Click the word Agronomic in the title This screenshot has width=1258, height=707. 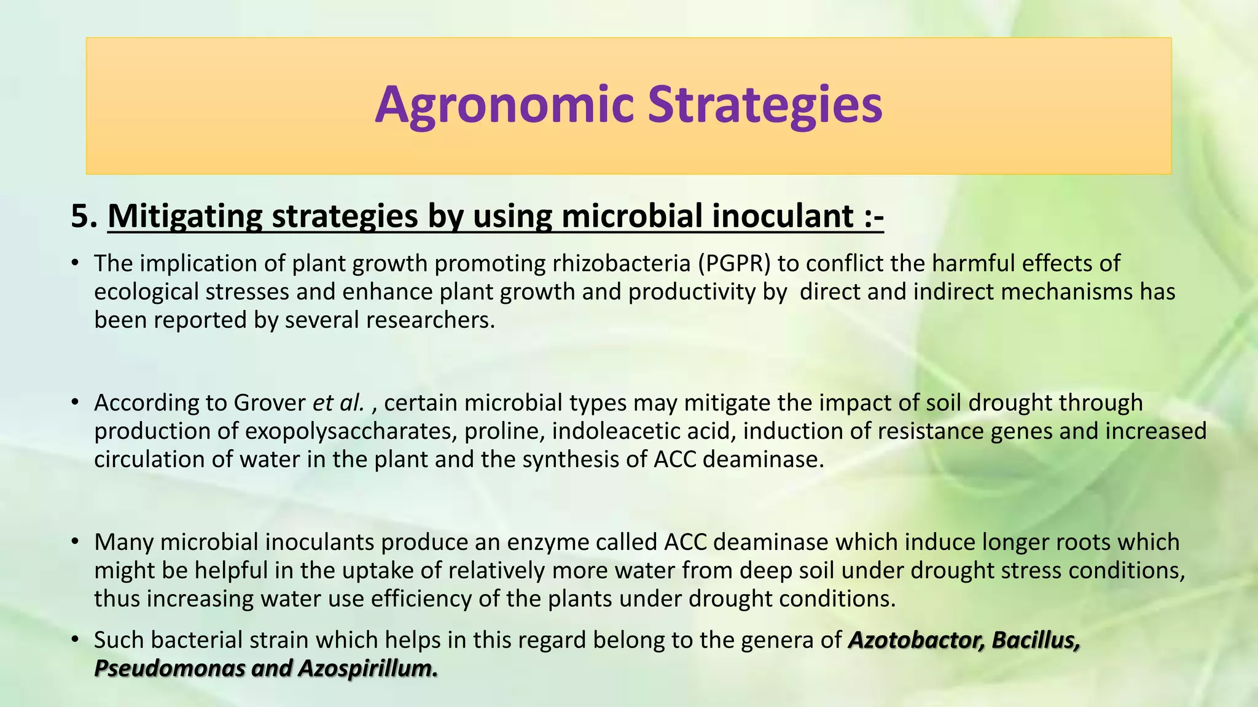pos(504,106)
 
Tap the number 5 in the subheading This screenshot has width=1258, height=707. pos(79,217)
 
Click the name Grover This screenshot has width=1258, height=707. pos(269,403)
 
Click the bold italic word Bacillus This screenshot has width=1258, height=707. pos(1036,640)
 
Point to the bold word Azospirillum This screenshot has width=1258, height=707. pos(367,668)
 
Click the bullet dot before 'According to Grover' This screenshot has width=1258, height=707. pos(75,403)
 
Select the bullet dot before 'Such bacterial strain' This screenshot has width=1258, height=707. pos(75,640)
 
